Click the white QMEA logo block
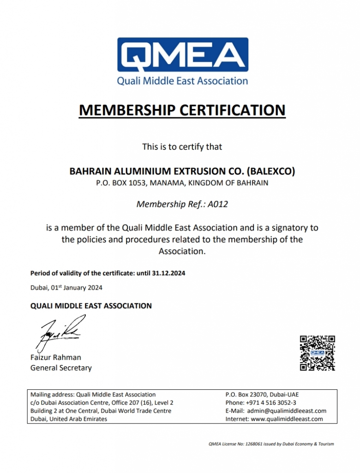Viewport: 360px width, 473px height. (182, 56)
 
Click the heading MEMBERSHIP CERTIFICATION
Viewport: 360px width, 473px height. (182, 110)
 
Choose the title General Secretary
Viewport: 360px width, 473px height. (61, 368)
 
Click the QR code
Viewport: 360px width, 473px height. (317, 353)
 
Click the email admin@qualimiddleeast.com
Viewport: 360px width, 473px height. (287, 411)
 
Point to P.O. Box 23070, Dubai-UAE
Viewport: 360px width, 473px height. (262, 394)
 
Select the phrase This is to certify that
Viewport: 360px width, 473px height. (182, 147)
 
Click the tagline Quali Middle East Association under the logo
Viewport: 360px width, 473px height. (182, 81)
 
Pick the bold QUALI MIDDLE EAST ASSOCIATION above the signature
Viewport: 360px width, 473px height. (91, 306)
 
